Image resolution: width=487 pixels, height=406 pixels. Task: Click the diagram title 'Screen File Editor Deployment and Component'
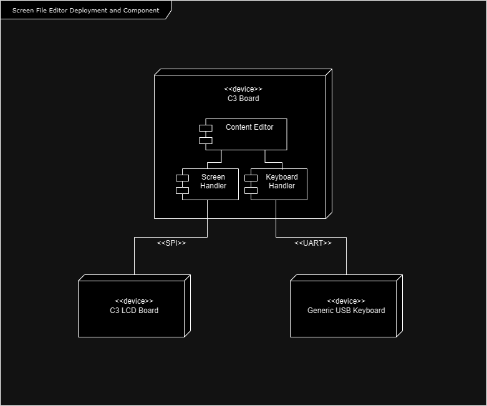click(x=85, y=10)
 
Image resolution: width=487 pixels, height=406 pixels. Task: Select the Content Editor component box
click(x=246, y=134)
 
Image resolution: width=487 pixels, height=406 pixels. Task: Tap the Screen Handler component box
click(x=210, y=184)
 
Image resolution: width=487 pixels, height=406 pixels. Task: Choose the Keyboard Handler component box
click(x=279, y=184)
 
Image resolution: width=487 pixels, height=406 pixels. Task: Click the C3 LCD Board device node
click(x=134, y=306)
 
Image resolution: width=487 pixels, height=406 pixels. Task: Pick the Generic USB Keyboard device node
click(x=346, y=306)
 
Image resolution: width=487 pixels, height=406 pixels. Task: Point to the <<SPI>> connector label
click(x=171, y=243)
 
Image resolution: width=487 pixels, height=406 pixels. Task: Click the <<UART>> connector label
click(x=313, y=243)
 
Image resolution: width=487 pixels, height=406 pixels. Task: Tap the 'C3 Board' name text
click(x=243, y=99)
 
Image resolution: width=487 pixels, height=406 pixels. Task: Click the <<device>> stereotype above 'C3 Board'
click(x=243, y=89)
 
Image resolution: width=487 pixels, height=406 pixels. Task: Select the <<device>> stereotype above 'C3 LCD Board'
click(x=134, y=301)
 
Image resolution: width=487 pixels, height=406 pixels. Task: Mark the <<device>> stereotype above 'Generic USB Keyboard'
click(x=346, y=301)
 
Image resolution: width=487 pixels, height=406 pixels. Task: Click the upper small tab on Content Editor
click(x=206, y=128)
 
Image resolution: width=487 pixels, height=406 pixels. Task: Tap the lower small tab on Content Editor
click(x=206, y=140)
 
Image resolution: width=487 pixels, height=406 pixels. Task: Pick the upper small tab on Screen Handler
click(x=182, y=178)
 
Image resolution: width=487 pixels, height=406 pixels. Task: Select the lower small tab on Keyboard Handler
click(x=251, y=190)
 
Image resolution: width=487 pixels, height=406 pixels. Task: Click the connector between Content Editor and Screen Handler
click(x=215, y=162)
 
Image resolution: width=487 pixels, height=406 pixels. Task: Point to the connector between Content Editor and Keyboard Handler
click(x=273, y=162)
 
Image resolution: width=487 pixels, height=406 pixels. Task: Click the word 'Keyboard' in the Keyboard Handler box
click(x=282, y=177)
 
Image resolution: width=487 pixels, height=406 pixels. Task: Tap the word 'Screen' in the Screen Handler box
click(x=213, y=177)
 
